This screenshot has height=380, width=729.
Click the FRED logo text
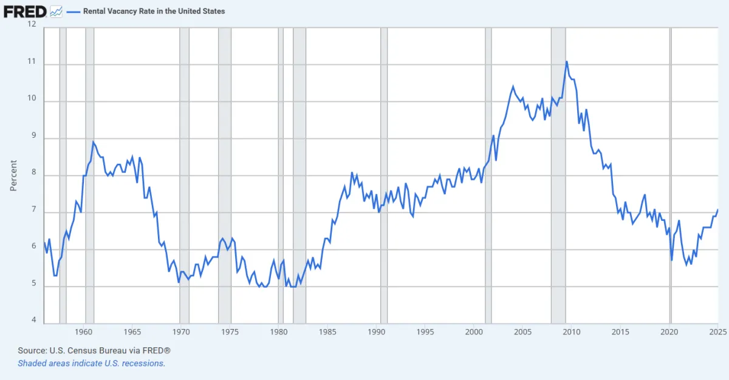click(25, 11)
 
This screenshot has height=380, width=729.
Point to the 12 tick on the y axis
click(32, 24)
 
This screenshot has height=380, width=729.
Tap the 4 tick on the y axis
click(34, 321)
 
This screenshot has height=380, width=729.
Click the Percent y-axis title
click(13, 175)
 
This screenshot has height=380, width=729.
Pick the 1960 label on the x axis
click(84, 332)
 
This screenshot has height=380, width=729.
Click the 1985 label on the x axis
click(328, 332)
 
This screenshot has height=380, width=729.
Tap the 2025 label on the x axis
click(717, 332)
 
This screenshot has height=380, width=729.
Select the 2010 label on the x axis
click(572, 332)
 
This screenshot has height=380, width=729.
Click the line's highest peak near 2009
click(567, 61)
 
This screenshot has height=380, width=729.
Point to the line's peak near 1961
click(93, 142)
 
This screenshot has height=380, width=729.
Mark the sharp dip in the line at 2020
click(671, 260)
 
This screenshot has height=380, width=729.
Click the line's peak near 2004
click(513, 87)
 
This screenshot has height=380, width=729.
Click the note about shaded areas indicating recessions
click(91, 363)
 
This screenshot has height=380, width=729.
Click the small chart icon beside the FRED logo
click(56, 11)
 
